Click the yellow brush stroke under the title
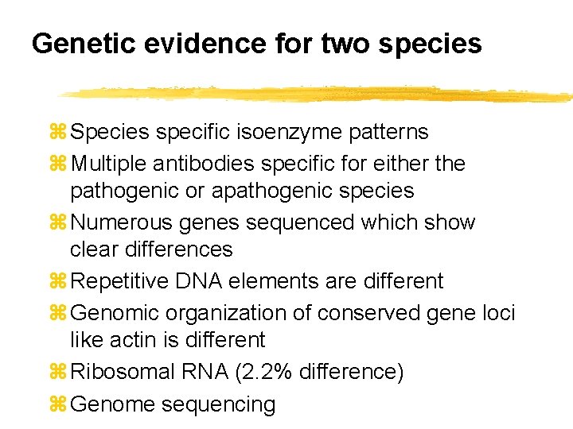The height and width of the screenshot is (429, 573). pyautogui.click(x=318, y=94)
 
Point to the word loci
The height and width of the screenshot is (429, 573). pyautogui.click(x=499, y=313)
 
